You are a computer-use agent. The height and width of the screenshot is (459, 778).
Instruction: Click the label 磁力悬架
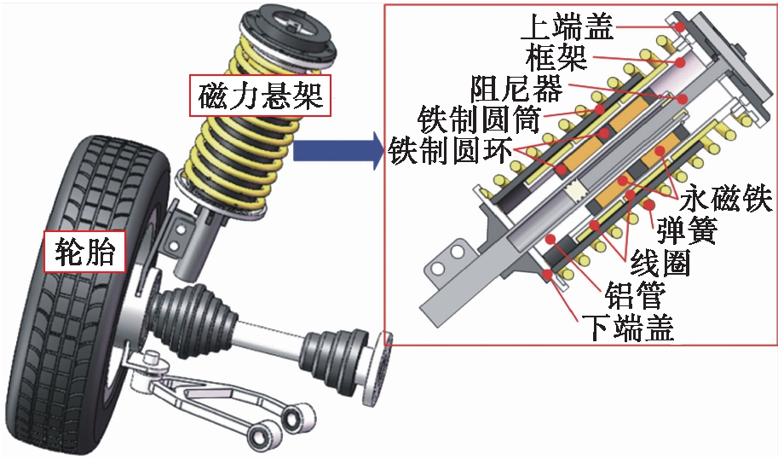[x=260, y=96]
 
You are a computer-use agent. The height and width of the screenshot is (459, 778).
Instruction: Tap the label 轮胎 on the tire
[x=84, y=252]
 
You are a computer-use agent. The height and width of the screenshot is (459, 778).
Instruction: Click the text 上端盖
[x=567, y=26]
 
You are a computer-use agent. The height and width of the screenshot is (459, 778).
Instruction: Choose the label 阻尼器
[x=516, y=88]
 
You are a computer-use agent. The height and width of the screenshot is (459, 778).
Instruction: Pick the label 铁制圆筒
[x=479, y=119]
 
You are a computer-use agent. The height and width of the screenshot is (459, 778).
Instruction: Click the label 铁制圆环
[x=450, y=150]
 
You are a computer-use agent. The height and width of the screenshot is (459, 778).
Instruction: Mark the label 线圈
[x=660, y=262]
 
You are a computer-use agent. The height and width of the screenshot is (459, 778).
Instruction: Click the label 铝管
[x=635, y=295]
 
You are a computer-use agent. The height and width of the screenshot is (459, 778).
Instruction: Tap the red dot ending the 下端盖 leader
[x=548, y=273]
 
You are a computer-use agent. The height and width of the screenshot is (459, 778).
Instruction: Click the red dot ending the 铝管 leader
[x=550, y=240]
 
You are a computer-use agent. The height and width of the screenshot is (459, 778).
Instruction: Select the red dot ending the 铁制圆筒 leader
[x=600, y=109]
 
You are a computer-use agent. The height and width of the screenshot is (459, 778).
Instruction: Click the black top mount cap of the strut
[x=288, y=31]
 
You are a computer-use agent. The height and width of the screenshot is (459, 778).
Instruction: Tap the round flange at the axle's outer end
[x=378, y=369]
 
